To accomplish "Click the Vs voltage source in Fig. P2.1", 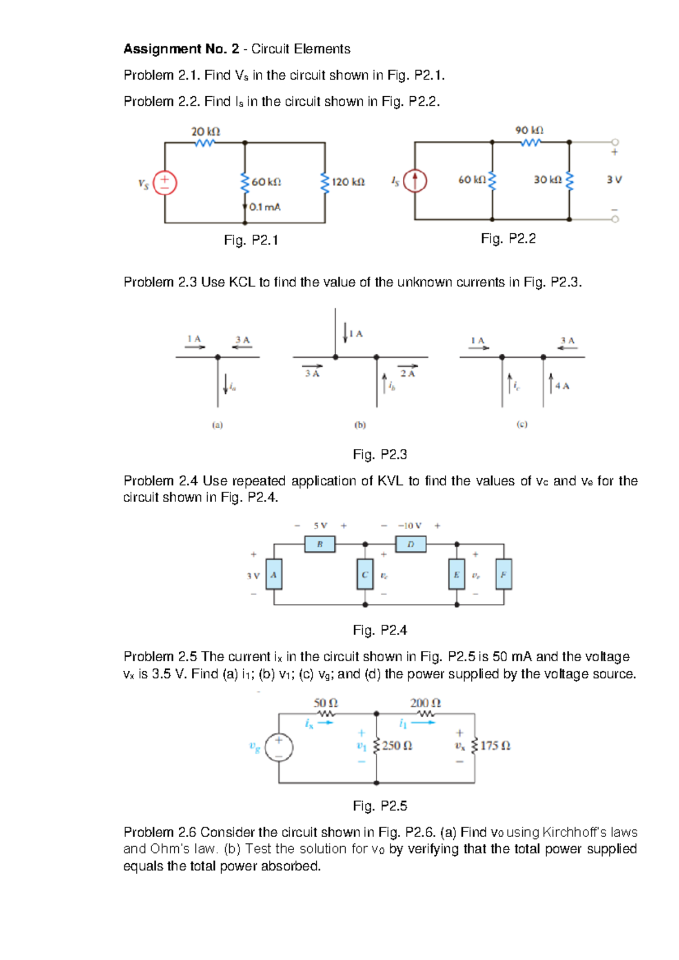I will click(x=165, y=183).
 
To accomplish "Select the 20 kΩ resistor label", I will click(x=205, y=131).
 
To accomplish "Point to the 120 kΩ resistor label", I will click(x=348, y=182).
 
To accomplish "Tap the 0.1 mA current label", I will click(x=265, y=207).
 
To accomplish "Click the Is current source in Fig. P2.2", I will click(x=415, y=182).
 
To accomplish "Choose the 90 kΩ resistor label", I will click(x=529, y=130).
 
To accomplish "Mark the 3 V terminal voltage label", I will click(x=614, y=180).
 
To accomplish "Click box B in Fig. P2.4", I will click(x=320, y=545).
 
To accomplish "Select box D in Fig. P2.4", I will click(x=411, y=545).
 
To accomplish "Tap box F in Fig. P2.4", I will click(x=504, y=575).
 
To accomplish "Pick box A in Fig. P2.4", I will click(x=274, y=575).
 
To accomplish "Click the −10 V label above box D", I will click(x=410, y=526).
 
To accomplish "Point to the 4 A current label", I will click(x=562, y=386).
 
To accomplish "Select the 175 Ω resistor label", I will click(x=495, y=746).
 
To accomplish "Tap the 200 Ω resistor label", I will click(x=426, y=703).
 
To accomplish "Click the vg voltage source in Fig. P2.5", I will click(x=279, y=747).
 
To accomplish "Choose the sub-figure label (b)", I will click(x=360, y=425).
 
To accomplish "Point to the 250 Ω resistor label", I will click(x=397, y=746).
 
